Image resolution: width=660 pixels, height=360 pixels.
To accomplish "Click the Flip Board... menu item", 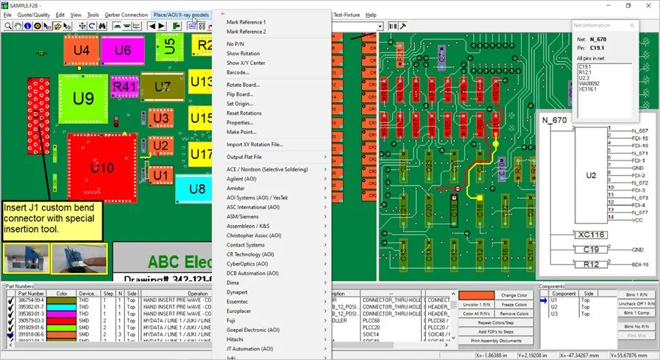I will [x=240, y=94].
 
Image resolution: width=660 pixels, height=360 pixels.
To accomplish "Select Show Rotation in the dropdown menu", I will [x=243, y=54].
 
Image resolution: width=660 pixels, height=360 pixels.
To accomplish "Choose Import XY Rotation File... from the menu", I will [x=255, y=144].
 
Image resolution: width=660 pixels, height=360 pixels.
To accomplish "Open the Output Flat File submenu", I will [x=244, y=157].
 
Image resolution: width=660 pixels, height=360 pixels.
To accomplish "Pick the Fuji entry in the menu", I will [x=232, y=320].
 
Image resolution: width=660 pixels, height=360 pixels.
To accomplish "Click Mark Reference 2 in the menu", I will [x=246, y=32].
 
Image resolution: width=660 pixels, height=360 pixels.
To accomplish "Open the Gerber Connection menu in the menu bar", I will [x=126, y=15].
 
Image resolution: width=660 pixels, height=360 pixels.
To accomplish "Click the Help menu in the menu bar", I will [x=371, y=15].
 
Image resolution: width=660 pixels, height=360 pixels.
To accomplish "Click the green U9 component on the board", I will [x=83, y=99].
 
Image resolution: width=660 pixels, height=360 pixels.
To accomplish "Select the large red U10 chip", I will [x=102, y=168].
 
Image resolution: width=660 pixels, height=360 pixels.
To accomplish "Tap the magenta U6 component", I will [x=122, y=50].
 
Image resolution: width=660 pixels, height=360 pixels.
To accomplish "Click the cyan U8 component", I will [x=196, y=189].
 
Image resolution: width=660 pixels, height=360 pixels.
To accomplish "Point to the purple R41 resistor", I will [x=124, y=87].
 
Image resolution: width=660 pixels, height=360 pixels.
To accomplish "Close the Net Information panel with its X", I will [x=631, y=26].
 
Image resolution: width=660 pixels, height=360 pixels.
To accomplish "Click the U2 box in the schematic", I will [x=591, y=175].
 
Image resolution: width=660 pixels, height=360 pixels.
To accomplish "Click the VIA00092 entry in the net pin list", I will [x=589, y=83].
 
